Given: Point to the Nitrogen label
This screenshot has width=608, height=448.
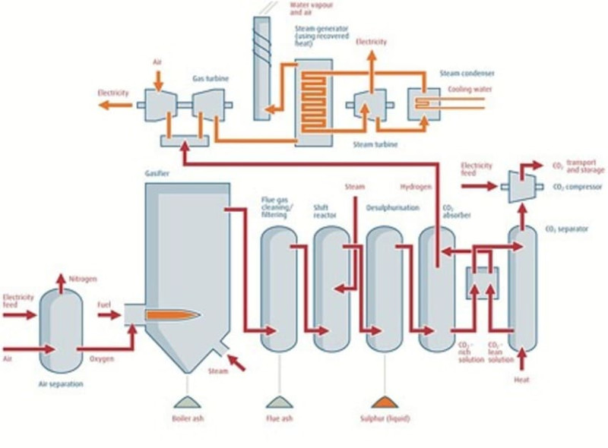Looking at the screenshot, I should coord(83,279).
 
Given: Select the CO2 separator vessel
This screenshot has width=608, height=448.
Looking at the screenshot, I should coord(522,289).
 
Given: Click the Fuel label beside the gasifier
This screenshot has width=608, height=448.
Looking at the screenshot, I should coord(104,304).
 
